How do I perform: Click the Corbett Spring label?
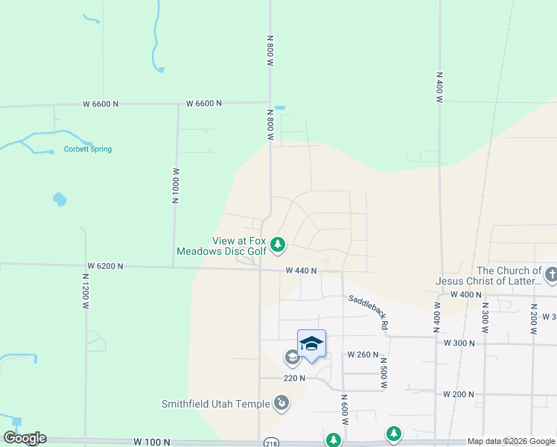(87, 149)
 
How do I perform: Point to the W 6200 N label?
(104, 266)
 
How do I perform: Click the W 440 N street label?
(301, 271)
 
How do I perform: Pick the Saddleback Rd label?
(369, 311)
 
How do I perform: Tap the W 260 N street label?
(363, 355)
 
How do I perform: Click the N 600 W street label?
(346, 410)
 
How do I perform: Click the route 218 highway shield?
(273, 443)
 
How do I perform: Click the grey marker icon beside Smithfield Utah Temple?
(281, 404)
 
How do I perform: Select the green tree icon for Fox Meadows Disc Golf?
(278, 244)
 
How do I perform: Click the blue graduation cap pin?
(311, 343)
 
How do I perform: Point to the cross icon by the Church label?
(551, 276)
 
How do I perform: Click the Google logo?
(25, 438)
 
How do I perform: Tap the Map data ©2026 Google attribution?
(512, 441)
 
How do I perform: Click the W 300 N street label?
(459, 343)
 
